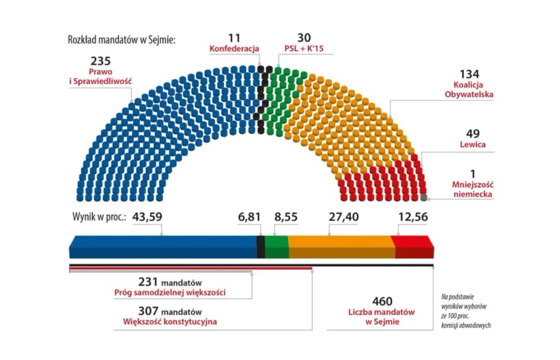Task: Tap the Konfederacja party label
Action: coord(234,49)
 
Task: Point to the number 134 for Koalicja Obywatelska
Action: coord(471,75)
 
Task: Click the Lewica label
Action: coord(473,144)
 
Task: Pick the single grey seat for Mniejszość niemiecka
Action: coord(424,197)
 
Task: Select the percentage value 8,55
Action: coord(286,217)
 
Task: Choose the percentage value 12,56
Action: coord(413,217)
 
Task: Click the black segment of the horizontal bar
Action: coord(261,246)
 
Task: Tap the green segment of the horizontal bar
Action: coord(277,246)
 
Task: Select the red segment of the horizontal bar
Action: coord(413,246)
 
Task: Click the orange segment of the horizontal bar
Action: coord(341,246)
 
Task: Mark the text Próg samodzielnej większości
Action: coord(170,293)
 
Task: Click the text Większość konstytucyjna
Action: coord(170,322)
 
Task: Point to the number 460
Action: coord(382,302)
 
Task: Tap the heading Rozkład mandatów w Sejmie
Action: coord(122,40)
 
